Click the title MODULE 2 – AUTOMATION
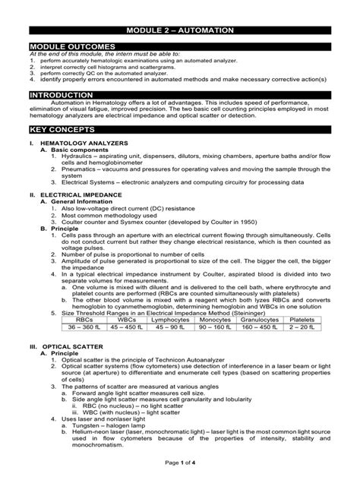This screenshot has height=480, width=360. tap(180, 29)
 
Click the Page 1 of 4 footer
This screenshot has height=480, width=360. tap(180, 463)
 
